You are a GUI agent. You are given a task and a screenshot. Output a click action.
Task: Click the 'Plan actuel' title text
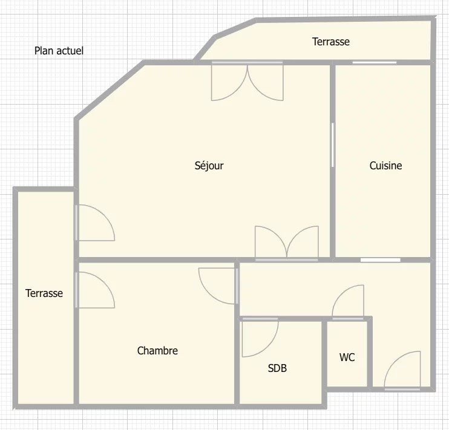point(59,51)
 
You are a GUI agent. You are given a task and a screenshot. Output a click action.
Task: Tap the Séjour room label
point(209,166)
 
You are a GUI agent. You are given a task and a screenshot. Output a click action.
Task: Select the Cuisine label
point(385,166)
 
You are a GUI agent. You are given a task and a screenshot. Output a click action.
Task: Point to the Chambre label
point(157,350)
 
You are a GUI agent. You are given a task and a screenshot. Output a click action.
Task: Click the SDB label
point(277,368)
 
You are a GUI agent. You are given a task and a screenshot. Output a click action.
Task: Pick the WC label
point(347,357)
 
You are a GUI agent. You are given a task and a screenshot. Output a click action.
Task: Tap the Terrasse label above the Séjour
point(331,42)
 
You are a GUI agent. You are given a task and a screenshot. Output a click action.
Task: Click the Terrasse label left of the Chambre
point(44,293)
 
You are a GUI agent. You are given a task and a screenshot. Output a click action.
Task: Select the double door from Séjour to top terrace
point(247,81)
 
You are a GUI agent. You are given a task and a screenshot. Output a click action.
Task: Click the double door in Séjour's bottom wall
point(287,243)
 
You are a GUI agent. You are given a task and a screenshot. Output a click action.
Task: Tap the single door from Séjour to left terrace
point(95,223)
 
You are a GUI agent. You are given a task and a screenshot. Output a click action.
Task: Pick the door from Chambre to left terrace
point(95,290)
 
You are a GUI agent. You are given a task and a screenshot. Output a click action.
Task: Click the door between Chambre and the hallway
point(218,285)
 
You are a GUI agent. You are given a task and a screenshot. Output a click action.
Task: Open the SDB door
point(260,337)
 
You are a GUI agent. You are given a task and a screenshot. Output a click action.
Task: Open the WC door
point(348,302)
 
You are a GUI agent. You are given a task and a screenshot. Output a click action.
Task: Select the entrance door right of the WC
point(402,371)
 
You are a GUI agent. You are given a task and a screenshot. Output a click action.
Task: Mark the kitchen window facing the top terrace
point(374,62)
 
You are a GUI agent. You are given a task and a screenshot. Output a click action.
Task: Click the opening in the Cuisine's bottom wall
point(380,260)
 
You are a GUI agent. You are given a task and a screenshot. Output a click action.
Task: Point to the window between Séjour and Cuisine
point(332,145)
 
